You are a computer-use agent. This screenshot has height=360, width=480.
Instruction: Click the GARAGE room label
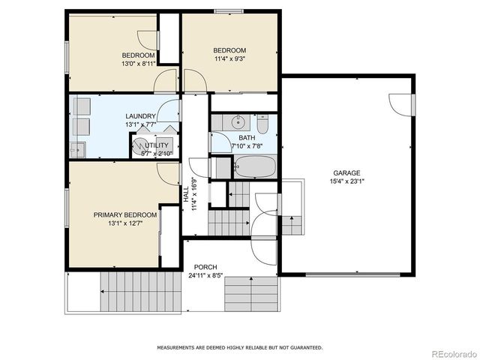(346, 172)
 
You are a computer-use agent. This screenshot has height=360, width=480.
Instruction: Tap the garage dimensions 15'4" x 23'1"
(346, 181)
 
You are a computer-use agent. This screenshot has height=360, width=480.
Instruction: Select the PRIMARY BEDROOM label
(125, 215)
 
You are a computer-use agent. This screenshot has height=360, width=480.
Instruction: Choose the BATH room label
(247, 138)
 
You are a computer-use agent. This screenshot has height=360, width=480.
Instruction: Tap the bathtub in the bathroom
(255, 166)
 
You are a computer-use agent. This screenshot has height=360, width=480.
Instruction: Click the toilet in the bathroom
(262, 123)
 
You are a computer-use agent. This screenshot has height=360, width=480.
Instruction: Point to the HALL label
(187, 193)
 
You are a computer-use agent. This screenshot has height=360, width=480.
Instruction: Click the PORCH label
(205, 267)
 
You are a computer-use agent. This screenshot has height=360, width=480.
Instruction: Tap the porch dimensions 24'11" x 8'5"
(205, 275)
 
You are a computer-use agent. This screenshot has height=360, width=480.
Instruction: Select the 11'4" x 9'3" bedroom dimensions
(229, 58)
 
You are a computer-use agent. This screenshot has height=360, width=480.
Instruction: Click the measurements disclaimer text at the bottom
(239, 347)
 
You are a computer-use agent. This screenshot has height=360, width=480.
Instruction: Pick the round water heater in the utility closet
(140, 145)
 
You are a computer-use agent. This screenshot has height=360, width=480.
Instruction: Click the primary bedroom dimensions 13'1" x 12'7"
(125, 223)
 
